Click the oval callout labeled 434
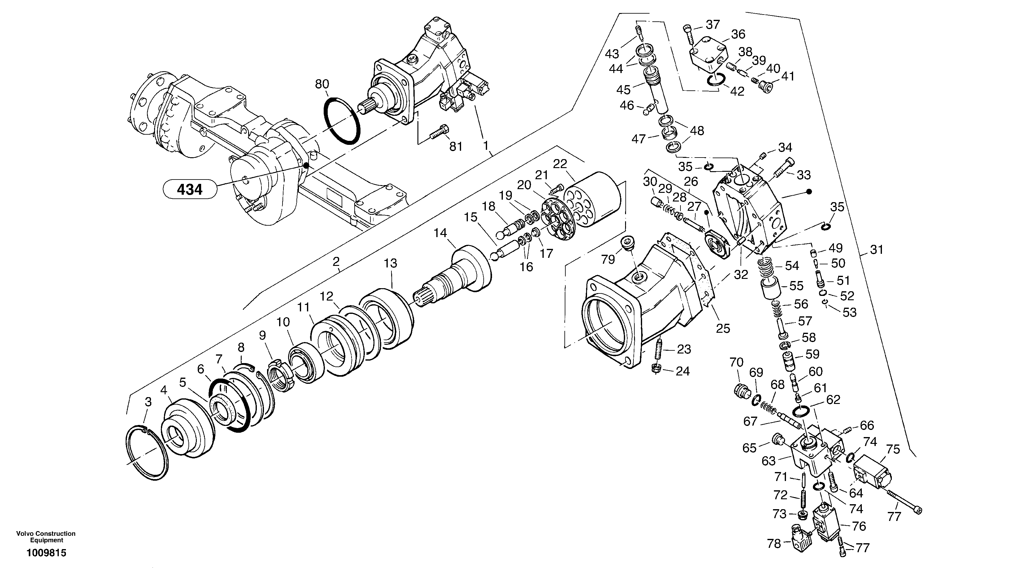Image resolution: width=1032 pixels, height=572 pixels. click(189, 189)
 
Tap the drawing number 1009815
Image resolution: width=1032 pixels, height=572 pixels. click(46, 553)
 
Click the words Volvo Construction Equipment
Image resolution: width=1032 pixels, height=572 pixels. click(46, 537)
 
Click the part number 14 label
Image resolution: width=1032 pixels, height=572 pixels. click(441, 233)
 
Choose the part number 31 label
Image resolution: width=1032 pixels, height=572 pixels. click(877, 250)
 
